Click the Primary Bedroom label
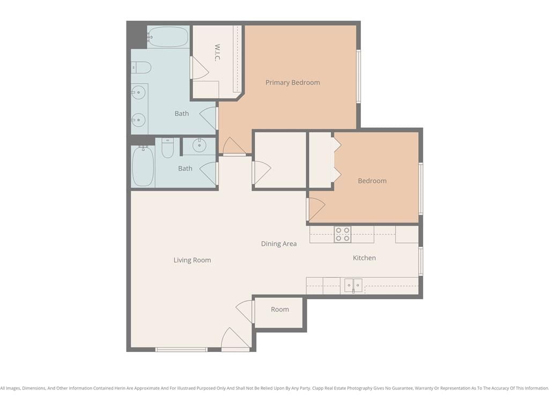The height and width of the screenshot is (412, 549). pos(293,83)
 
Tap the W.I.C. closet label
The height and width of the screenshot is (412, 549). pos(217,53)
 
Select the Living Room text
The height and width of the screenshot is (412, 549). pos(192,260)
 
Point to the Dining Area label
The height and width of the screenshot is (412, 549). pos(279,244)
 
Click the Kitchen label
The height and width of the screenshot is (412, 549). pos(364,258)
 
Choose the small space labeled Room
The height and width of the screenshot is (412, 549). pos(280,310)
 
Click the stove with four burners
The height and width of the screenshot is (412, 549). pos(343,234)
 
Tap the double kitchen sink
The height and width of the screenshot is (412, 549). pos(353,285)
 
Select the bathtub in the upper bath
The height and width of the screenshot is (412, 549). pos(168,36)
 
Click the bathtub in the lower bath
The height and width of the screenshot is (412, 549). pos(143,166)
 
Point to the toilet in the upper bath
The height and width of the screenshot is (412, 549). pos(141,67)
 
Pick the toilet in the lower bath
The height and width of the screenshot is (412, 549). pos(168,148)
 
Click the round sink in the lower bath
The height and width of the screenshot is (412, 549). pos(199,146)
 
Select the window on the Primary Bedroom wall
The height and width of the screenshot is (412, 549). pos(359,76)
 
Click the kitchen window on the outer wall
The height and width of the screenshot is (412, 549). pos(421,261)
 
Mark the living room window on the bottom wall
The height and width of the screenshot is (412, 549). pos(181,349)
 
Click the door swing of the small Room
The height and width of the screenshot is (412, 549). pos(244,312)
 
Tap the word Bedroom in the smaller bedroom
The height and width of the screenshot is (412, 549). pos(372,181)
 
